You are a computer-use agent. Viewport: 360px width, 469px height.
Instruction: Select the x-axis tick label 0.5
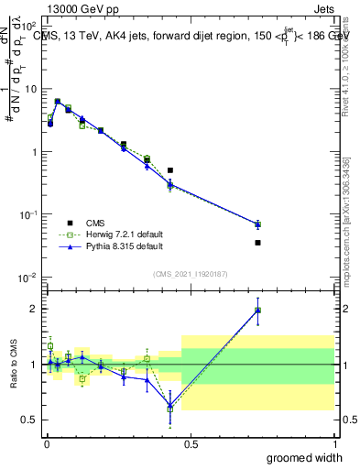[190, 443]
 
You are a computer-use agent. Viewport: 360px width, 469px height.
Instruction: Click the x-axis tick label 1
[333, 443]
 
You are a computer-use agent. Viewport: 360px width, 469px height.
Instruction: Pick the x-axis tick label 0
[47, 443]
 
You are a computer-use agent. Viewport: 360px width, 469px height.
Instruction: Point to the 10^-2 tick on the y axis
[27, 278]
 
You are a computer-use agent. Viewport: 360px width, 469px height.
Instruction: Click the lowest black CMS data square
[257, 243]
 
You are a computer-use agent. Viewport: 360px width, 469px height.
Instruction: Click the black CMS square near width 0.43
[170, 170]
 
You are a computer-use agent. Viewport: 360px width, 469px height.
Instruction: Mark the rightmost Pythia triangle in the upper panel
[257, 224]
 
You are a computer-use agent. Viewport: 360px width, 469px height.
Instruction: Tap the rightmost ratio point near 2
[257, 310]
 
